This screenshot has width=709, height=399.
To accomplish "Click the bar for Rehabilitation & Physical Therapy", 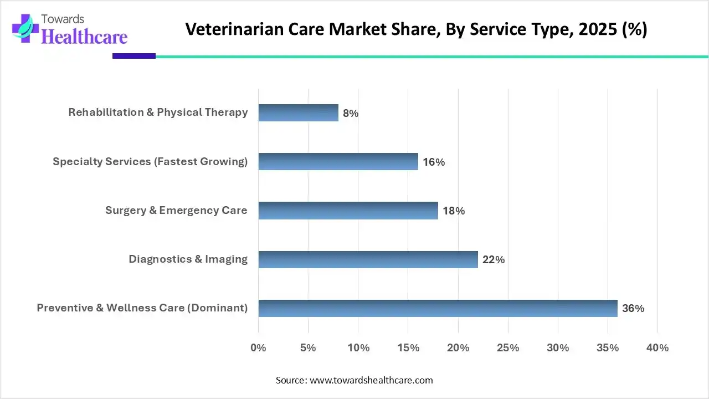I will tap(298, 113).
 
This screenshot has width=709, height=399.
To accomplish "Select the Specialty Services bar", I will tap(338, 162).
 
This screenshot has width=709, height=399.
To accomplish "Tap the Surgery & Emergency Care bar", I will tap(348, 211).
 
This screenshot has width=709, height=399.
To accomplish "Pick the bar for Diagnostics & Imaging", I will tap(368, 259).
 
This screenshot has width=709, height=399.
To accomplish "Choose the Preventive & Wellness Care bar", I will tap(438, 308).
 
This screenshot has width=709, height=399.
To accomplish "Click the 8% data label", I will tap(351, 114).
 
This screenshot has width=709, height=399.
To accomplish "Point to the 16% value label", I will tap(434, 162).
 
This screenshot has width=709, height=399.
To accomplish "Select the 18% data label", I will tap(454, 211).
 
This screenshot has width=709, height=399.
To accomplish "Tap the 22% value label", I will tap(494, 260).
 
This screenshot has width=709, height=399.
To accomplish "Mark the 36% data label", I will tap(633, 309).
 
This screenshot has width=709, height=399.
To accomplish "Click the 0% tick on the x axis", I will tap(259, 348).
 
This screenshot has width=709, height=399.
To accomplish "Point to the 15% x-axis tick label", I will tap(408, 348).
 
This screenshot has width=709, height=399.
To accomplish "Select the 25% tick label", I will tap(508, 348).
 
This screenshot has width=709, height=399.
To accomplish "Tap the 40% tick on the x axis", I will tap(657, 348).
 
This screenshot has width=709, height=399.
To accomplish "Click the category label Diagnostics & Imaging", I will tap(188, 259).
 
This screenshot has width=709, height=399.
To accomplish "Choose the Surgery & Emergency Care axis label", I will tap(176, 211).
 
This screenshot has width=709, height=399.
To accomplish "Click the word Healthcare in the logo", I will tap(84, 37).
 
